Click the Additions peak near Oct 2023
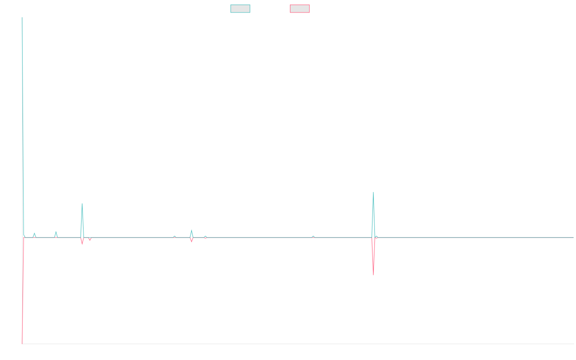coord(373,192)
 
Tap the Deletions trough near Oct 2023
coord(373,275)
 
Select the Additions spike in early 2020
coord(82,204)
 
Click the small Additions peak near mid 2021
coord(192,230)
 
